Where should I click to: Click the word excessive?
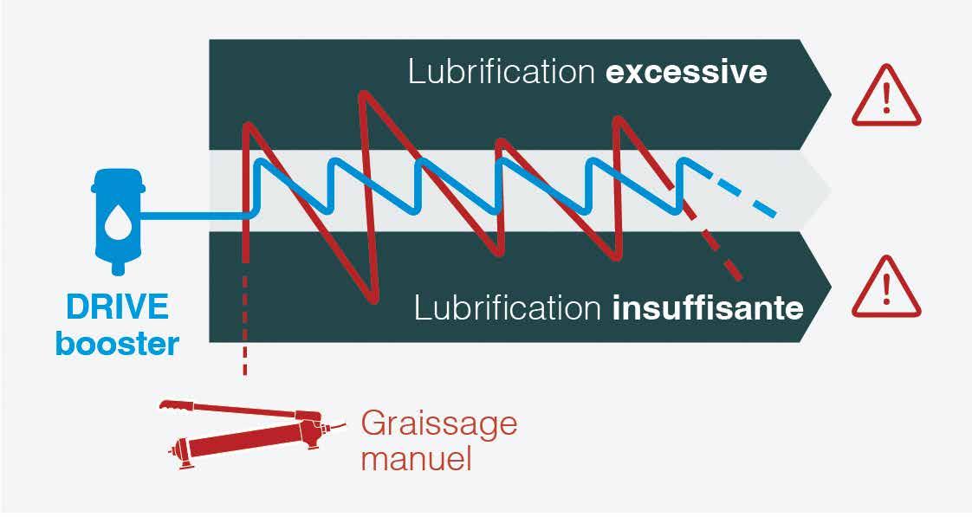[686, 72]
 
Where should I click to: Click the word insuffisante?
[708, 307]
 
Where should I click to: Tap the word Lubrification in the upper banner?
[502, 72]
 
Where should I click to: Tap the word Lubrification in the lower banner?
[508, 307]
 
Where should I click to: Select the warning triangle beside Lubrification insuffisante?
[886, 288]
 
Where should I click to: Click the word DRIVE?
[118, 308]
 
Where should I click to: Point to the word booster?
[118, 344]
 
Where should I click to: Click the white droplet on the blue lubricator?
[114, 224]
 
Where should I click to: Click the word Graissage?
[438, 424]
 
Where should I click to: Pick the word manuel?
[416, 457]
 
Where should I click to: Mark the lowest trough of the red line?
[374, 300]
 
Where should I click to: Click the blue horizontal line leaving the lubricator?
[195, 215]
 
